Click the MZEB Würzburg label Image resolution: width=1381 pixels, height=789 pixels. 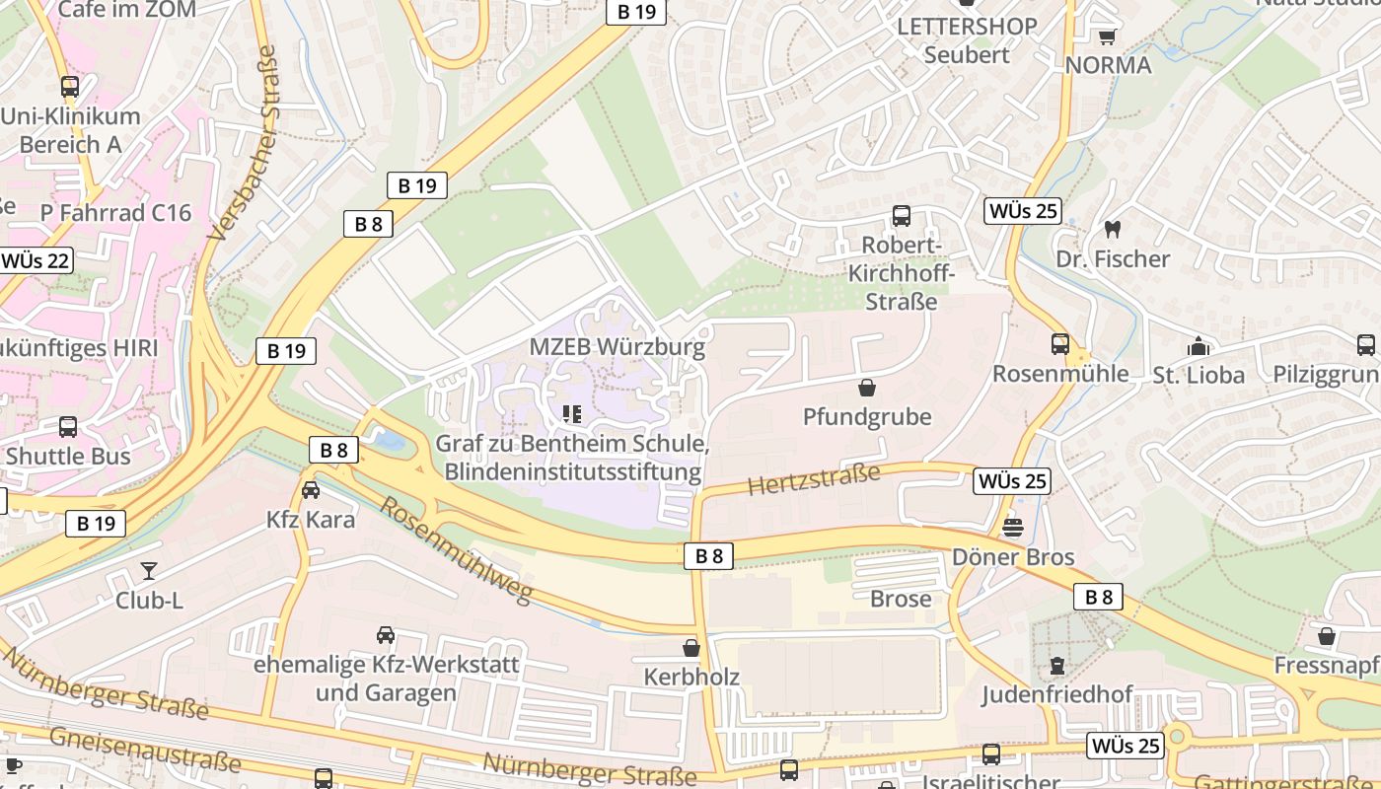click(x=618, y=347)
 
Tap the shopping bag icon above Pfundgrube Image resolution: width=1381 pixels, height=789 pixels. click(x=867, y=388)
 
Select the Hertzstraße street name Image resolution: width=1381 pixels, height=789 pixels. click(x=814, y=480)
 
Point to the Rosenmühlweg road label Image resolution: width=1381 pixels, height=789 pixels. click(x=456, y=549)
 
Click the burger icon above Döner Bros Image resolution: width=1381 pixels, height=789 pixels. click(x=1013, y=528)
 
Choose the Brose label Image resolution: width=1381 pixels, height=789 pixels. click(x=901, y=599)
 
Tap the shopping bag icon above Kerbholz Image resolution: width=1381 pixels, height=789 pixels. click(x=691, y=648)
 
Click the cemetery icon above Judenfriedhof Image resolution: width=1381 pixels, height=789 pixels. click(x=1057, y=666)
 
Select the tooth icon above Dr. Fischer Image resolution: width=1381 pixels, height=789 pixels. click(x=1113, y=229)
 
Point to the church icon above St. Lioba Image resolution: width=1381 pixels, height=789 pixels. click(x=1199, y=346)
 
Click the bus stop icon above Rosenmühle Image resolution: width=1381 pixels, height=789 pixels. click(x=1060, y=344)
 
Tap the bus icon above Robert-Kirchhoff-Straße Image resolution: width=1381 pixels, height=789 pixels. click(x=901, y=216)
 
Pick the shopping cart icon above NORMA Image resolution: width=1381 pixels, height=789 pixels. click(x=1108, y=36)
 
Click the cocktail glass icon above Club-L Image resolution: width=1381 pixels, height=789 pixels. click(x=149, y=570)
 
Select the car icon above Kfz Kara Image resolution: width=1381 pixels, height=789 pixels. click(x=311, y=490)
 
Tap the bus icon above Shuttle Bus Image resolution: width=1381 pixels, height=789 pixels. click(x=68, y=427)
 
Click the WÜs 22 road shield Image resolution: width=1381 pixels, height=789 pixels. click(x=36, y=260)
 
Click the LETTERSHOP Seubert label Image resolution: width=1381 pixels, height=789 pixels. click(x=967, y=40)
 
